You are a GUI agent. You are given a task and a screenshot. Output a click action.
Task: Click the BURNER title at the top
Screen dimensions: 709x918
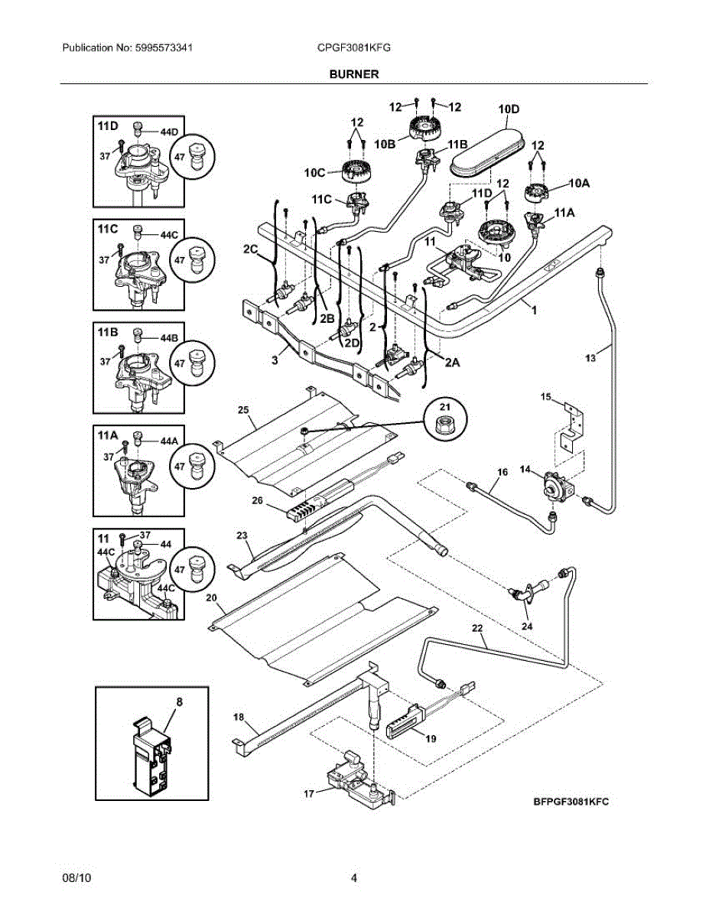pyautogui.click(x=354, y=74)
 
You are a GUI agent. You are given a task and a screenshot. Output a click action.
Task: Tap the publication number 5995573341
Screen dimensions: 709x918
pyautogui.click(x=164, y=47)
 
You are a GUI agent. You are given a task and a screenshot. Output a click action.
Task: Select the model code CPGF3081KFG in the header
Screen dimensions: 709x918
pyautogui.click(x=354, y=47)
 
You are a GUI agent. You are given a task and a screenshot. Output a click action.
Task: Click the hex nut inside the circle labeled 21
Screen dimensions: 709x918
pyautogui.click(x=445, y=424)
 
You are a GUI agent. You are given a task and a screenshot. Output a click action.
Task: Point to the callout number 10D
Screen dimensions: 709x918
pyautogui.click(x=509, y=109)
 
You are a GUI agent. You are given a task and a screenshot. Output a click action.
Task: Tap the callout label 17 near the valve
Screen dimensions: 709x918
pyautogui.click(x=309, y=794)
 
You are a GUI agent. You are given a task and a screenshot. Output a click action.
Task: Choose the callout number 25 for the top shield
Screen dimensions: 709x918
pyautogui.click(x=243, y=410)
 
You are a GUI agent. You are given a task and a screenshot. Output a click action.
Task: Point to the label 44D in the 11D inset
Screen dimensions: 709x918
pyautogui.click(x=169, y=132)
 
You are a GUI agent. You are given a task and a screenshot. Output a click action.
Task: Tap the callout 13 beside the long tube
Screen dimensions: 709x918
pyautogui.click(x=590, y=358)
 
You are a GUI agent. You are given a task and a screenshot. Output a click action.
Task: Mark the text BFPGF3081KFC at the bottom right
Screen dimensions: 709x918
pyautogui.click(x=571, y=802)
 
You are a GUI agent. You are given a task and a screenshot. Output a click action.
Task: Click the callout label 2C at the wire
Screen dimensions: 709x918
pyautogui.click(x=251, y=249)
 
